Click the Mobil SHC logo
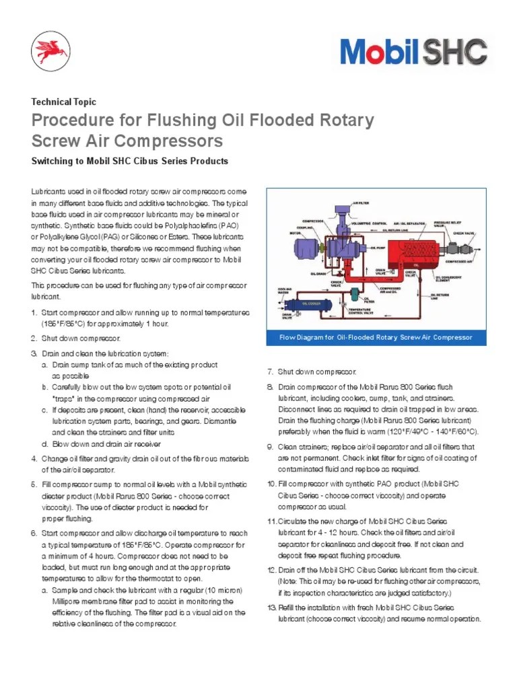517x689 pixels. [413, 52]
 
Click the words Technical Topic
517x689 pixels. [64, 102]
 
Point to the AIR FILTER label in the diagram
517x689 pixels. [361, 201]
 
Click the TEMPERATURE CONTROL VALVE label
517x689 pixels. [364, 312]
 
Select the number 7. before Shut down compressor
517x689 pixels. [271, 372]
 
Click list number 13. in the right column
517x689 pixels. [271, 608]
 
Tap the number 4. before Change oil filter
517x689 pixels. [34, 459]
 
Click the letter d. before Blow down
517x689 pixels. [44, 444]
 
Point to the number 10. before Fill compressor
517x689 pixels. [271, 484]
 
